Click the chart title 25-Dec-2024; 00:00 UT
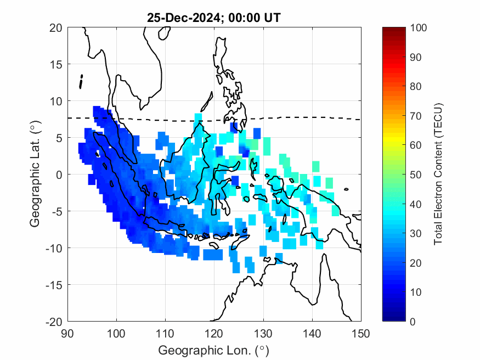214,18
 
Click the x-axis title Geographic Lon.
214,350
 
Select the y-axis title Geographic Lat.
35,175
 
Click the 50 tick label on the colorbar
415,175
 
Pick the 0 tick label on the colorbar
413,321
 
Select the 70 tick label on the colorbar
415,116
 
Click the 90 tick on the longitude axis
67,333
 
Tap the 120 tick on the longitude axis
214,333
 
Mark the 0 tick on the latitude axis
60,175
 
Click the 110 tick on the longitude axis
165,333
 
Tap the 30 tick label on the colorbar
415,233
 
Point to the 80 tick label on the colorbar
415,86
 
